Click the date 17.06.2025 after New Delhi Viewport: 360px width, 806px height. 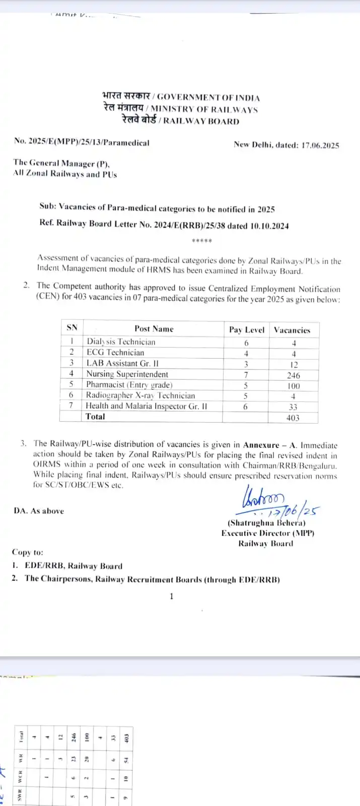(320, 145)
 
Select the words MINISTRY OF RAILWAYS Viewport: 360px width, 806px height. (204, 109)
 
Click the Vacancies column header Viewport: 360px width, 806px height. (292, 330)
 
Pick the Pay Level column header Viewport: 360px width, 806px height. (246, 329)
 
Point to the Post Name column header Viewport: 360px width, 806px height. (154, 328)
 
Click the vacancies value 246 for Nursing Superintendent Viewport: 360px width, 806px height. (293, 375)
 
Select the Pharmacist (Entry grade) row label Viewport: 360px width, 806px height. (129, 385)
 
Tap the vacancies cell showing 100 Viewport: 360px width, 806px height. (293, 386)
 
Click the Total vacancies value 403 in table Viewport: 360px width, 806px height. (293, 418)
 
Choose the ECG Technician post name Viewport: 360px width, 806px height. (115, 353)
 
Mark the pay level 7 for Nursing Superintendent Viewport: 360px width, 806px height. (246, 375)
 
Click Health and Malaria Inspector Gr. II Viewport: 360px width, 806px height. (146, 406)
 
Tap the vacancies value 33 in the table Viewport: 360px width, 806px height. (293, 407)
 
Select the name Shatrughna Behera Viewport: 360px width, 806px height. (267, 523)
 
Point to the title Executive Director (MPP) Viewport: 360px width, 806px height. (267, 533)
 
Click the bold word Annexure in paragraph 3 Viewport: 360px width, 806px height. (261, 445)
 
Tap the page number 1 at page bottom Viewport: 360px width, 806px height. (172, 596)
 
